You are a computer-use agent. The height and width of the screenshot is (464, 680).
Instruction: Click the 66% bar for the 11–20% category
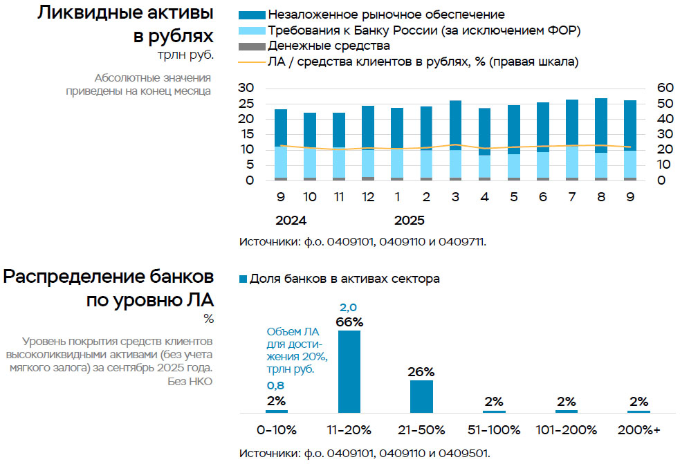(349, 371)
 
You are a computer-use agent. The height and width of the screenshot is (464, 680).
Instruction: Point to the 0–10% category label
(277, 429)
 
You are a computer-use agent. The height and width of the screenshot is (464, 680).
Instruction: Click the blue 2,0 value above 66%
(349, 308)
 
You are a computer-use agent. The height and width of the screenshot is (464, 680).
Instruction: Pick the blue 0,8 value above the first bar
(276, 387)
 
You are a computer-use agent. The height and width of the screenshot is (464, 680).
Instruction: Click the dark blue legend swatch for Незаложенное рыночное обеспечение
(251, 15)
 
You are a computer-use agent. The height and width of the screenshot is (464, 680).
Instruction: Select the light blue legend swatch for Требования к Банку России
(251, 30)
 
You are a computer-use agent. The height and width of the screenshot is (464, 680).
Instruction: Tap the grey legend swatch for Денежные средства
(251, 46)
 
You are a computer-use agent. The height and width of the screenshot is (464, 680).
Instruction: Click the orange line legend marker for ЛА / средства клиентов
(251, 62)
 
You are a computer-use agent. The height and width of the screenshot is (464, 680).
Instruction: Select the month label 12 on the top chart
(368, 197)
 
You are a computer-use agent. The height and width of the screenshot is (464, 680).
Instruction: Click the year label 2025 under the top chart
(410, 221)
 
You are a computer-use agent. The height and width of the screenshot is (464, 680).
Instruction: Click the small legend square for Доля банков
(243, 279)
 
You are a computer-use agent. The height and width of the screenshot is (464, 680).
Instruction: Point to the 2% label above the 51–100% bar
(493, 401)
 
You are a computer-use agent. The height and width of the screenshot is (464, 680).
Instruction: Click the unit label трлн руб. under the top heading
(185, 55)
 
